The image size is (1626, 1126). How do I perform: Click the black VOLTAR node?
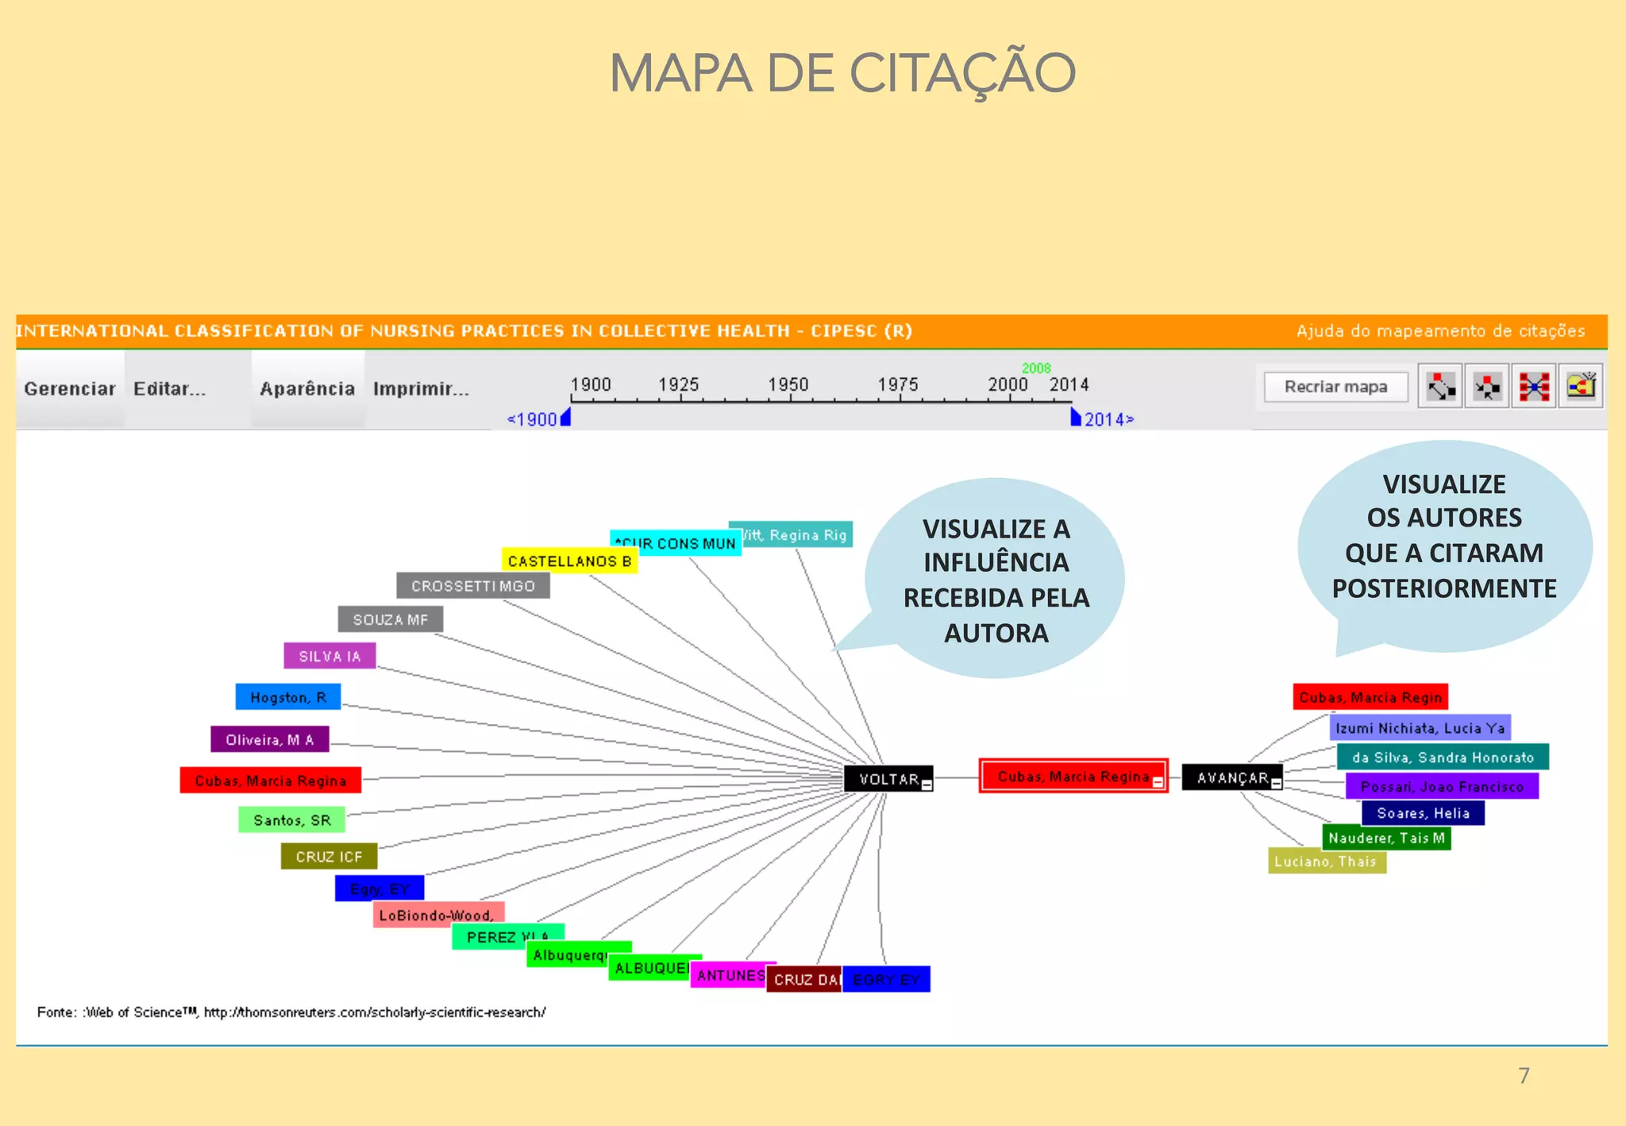point(888,779)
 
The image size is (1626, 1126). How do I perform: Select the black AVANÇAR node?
point(1231,777)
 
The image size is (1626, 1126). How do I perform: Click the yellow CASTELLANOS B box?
point(569,561)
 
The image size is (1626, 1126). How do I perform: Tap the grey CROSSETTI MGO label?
point(472,586)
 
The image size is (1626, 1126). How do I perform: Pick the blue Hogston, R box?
point(287,697)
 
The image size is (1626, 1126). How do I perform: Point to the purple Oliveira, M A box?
point(269,739)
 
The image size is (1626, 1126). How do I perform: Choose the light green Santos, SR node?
point(291,819)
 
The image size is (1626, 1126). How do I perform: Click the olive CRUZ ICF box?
point(329,856)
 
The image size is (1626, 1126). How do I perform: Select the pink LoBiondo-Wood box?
point(437,914)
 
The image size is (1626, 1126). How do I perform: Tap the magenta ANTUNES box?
point(730,975)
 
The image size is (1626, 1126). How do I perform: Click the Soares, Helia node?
point(1423,813)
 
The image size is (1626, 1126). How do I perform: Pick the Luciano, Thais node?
point(1326,862)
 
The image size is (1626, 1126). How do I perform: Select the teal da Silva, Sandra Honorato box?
point(1443,758)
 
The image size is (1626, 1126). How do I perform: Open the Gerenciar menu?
point(70,389)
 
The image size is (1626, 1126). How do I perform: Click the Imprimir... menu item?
point(421,389)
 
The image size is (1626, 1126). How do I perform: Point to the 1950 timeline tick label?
point(788,384)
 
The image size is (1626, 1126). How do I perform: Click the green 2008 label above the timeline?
point(1036,368)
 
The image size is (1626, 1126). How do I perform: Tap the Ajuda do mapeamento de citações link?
point(1440,331)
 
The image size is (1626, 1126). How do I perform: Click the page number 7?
point(1524,1076)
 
